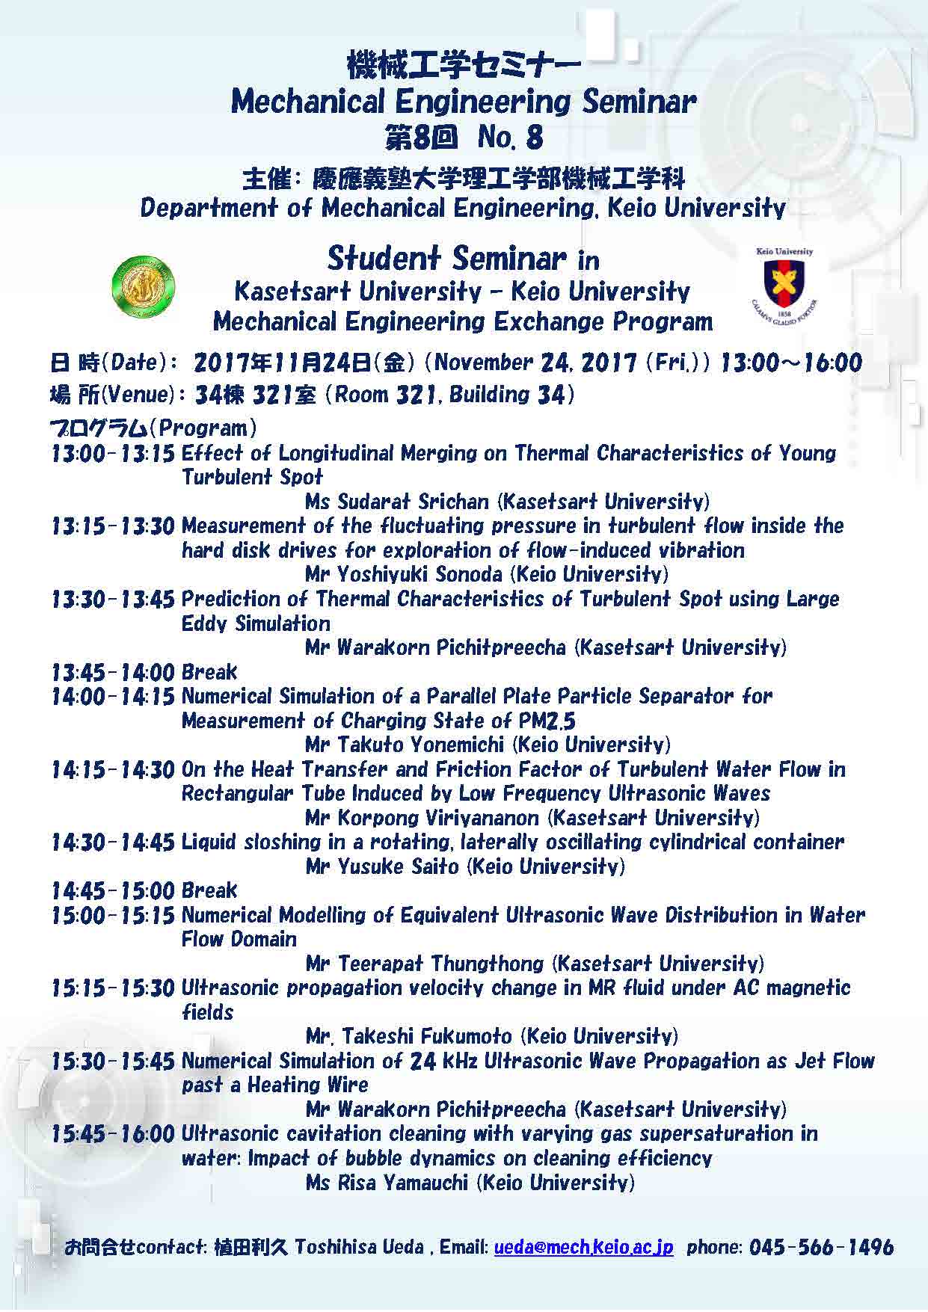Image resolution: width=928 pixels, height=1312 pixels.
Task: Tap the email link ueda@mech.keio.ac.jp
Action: (x=583, y=1247)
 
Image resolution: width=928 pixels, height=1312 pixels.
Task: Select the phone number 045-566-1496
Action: (x=821, y=1247)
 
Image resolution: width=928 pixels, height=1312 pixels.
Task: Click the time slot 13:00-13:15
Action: (x=113, y=453)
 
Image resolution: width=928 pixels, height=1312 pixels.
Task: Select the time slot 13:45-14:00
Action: (x=113, y=672)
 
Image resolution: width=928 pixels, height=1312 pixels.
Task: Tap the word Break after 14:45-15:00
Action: (x=209, y=890)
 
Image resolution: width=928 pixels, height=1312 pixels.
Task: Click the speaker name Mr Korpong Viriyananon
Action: (x=422, y=818)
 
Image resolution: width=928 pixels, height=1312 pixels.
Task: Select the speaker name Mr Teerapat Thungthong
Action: (x=425, y=964)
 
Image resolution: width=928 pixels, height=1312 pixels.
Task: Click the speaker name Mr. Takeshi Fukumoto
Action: (x=409, y=1036)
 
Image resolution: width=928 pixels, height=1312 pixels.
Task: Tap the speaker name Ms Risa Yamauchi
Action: (x=387, y=1182)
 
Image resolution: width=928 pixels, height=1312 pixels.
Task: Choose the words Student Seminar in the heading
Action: (x=446, y=259)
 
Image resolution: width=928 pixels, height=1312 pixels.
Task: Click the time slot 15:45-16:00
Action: (x=113, y=1133)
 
